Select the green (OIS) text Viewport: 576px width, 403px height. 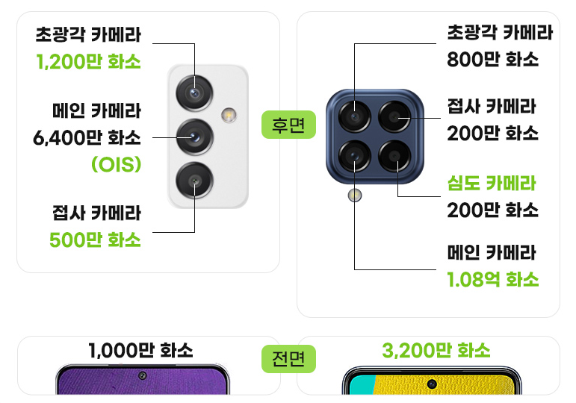click(116, 164)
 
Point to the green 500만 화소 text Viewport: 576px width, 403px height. click(95, 240)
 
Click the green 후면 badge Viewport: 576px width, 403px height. click(288, 125)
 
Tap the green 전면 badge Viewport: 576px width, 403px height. click(288, 360)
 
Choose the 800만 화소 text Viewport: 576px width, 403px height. click(492, 60)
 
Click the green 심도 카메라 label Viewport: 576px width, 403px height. click(492, 183)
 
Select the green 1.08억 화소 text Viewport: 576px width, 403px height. click(492, 280)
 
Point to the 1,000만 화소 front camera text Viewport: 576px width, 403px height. click(140, 350)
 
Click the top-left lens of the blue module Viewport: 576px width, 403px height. click(354, 117)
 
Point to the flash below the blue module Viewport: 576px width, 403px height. click(354, 196)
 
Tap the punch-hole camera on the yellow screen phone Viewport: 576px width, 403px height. click(431, 384)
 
